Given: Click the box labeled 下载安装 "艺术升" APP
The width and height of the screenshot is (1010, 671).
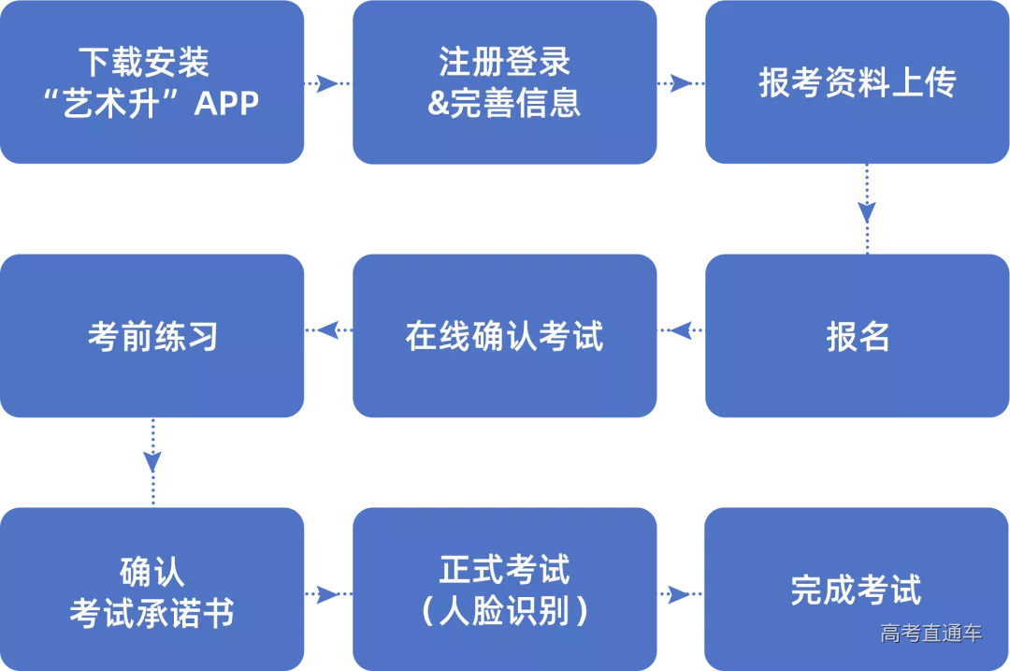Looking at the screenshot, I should coord(151,82).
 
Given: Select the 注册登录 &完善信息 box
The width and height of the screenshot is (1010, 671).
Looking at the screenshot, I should coord(504,82).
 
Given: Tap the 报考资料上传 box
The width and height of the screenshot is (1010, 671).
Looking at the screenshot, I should coord(857,82).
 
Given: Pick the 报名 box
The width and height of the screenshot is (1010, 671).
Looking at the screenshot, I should coord(857,336).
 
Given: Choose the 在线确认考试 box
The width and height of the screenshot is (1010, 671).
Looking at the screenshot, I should coord(504,336).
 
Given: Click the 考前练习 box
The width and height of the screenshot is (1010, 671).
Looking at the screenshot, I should coord(151,336).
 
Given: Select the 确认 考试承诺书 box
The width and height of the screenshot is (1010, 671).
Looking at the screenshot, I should coord(151,590).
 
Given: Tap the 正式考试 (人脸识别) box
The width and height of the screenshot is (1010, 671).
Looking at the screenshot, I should coord(504,590).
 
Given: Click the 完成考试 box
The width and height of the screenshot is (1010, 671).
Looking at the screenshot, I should coord(857,590).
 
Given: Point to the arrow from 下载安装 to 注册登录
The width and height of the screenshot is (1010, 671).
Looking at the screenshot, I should coord(327,83).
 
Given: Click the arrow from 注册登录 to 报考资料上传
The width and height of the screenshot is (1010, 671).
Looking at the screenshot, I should coord(680,83).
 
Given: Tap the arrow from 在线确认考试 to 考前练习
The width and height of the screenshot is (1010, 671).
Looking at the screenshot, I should coord(328,330).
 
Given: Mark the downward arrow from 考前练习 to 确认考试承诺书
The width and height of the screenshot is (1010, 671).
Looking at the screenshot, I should coord(152,461).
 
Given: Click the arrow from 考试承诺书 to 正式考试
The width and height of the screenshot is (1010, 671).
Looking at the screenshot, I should coord(327,594).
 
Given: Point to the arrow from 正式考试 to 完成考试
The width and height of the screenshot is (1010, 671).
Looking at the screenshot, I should coord(680,594).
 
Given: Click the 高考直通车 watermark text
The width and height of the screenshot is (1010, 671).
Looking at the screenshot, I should coord(931,634).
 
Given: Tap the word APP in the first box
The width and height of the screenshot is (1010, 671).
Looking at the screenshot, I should coord(226,103).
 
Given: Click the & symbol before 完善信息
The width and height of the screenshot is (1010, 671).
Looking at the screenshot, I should coord(439,103).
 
